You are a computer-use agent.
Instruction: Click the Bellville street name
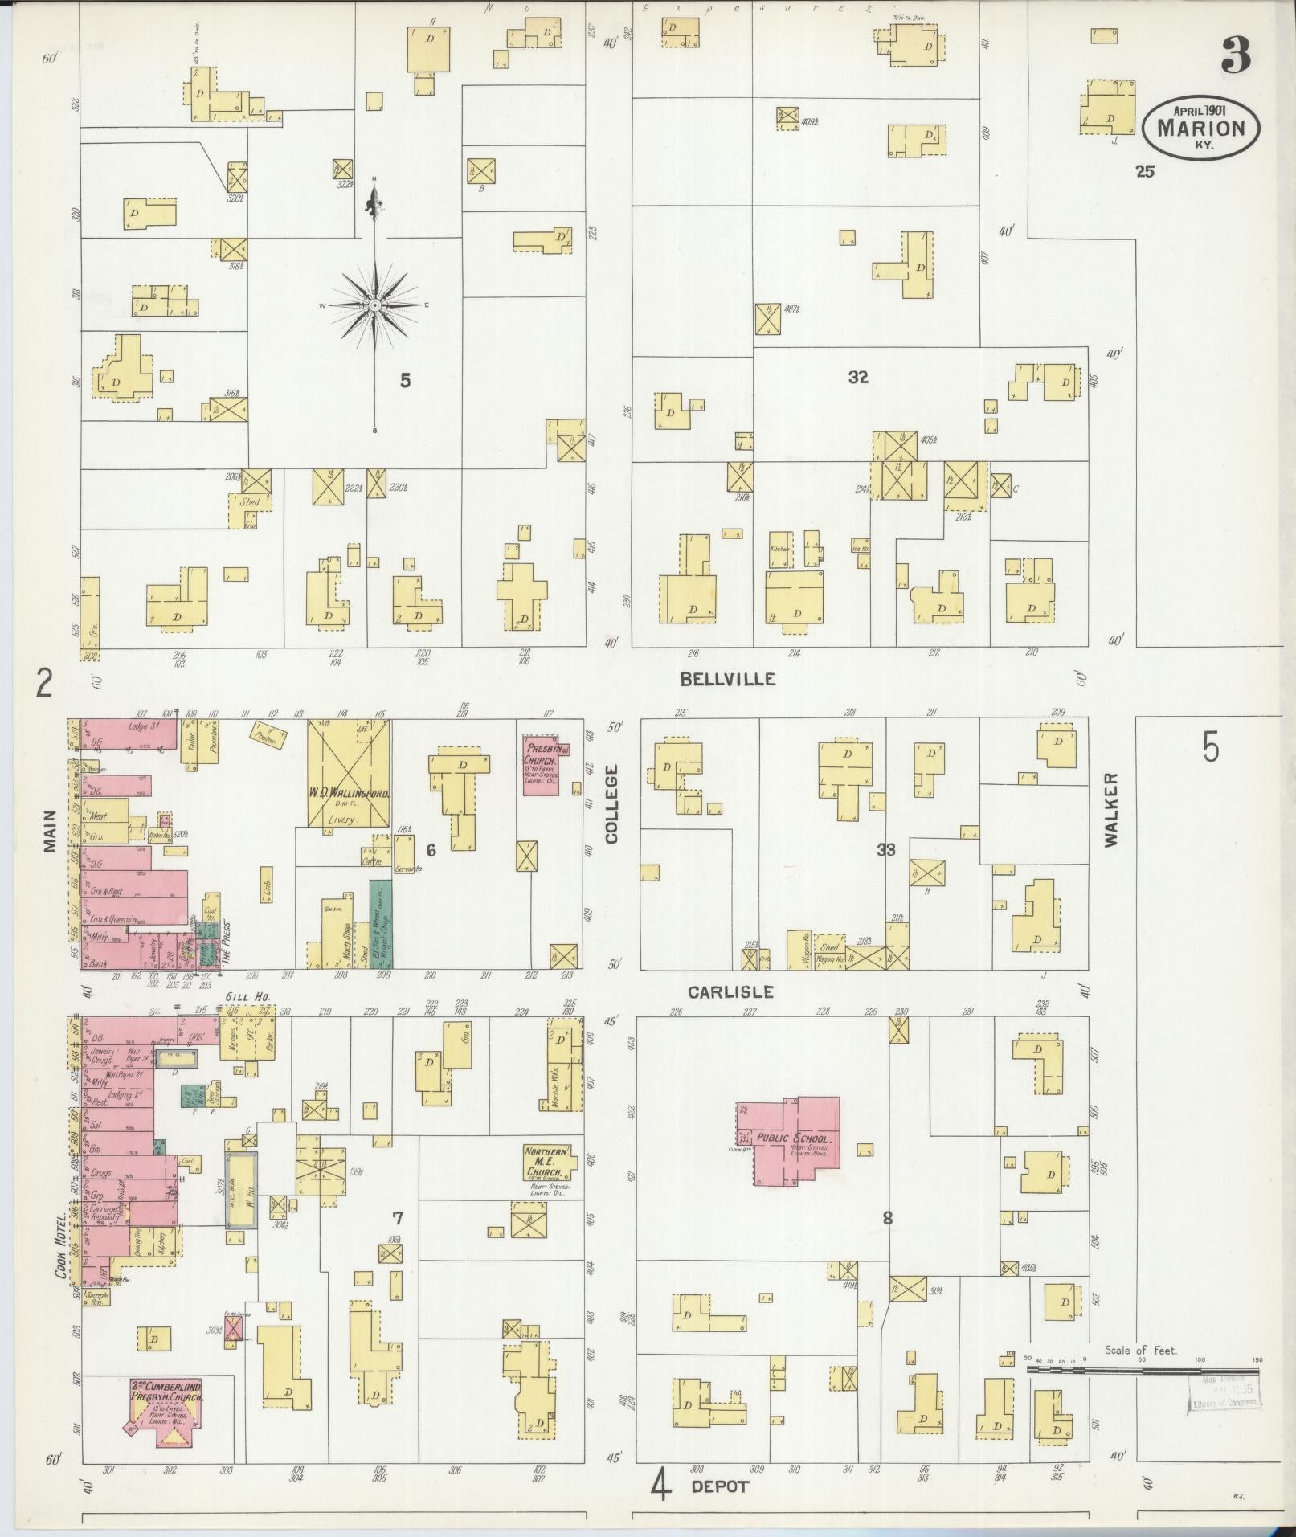(x=728, y=679)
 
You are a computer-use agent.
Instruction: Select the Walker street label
(x=1111, y=810)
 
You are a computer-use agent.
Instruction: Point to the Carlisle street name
(x=730, y=992)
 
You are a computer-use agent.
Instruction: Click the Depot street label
(x=720, y=1486)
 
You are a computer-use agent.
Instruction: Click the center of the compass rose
(x=374, y=305)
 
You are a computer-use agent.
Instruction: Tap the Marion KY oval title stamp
(x=1201, y=126)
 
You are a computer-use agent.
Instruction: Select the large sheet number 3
(x=1236, y=55)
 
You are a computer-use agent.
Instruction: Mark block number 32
(x=858, y=377)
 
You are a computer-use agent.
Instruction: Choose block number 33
(x=885, y=849)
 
